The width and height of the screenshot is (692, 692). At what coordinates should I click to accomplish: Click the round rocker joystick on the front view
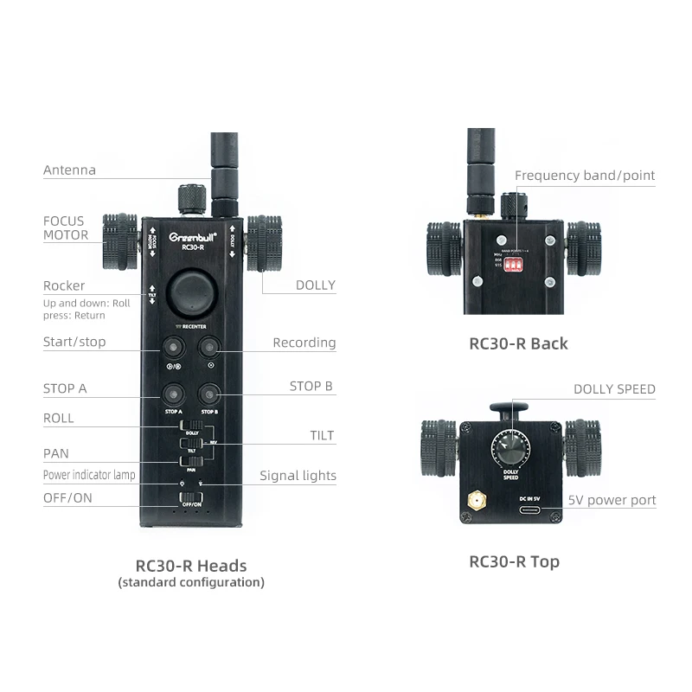[190, 294]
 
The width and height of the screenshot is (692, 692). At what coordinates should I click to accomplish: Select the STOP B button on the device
[208, 394]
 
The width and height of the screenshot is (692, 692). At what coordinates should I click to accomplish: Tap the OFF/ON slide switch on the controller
[190, 497]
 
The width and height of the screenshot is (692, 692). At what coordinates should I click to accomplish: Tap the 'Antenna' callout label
[69, 170]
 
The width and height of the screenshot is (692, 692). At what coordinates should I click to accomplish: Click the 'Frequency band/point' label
[585, 176]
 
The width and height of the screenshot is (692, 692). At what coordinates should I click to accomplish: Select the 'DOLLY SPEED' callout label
[614, 389]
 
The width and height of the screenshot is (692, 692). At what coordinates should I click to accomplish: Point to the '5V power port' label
[612, 500]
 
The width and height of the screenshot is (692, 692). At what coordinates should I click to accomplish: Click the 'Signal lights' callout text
[298, 475]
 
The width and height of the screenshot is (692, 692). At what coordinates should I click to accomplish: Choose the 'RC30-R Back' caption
[518, 343]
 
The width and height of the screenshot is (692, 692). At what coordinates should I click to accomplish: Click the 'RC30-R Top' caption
[514, 561]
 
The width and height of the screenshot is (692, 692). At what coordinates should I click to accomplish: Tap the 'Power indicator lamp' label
[89, 475]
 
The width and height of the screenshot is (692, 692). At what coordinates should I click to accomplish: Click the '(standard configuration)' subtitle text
[191, 582]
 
